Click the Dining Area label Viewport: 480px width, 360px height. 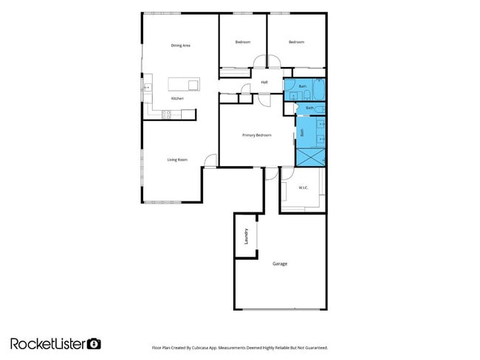(x=181, y=46)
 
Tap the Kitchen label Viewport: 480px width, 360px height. (x=177, y=98)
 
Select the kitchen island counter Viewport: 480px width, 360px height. (x=183, y=83)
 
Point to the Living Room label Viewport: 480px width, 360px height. (x=176, y=159)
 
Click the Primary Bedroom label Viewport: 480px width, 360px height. (x=257, y=135)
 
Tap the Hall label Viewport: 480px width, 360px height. (x=264, y=82)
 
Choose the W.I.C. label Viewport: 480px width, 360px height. (x=303, y=188)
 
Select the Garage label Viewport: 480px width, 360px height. (x=279, y=263)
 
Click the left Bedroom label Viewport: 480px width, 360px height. (x=243, y=42)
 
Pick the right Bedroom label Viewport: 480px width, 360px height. (x=296, y=42)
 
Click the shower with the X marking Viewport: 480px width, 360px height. (x=310, y=156)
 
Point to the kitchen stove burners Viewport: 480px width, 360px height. (x=168, y=114)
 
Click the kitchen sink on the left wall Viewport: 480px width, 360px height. (x=146, y=87)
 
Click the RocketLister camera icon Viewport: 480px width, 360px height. (x=94, y=343)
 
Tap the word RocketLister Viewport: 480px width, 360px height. (x=48, y=343)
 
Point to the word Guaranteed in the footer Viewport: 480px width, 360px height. (x=315, y=347)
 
